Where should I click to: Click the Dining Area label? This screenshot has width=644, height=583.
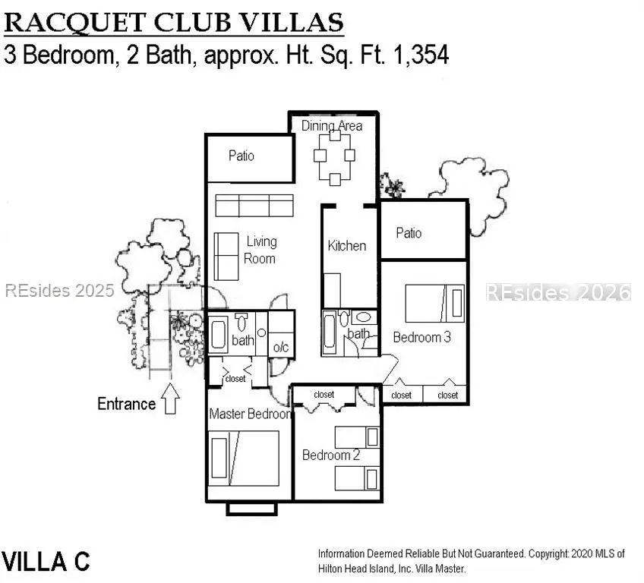tap(332, 125)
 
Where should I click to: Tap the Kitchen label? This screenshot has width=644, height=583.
tap(346, 246)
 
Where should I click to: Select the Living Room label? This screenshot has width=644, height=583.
tap(260, 250)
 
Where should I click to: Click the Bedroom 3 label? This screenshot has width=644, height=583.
tap(421, 338)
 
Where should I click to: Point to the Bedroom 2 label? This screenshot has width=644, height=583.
tap(331, 455)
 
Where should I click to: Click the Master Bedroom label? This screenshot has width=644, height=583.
tap(250, 414)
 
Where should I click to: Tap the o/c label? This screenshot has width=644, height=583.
tap(281, 348)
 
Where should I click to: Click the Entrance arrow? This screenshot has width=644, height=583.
tap(170, 399)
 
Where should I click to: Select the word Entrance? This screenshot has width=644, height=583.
tap(127, 404)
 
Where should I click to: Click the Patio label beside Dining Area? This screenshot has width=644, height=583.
tap(241, 156)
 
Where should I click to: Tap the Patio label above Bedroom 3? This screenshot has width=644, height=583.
tap(409, 233)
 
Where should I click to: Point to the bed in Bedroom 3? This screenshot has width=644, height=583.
tap(435, 304)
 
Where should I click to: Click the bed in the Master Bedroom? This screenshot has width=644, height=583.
tap(244, 459)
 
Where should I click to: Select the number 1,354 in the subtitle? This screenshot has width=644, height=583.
tap(421, 55)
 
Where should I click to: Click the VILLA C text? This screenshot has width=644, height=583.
tap(46, 562)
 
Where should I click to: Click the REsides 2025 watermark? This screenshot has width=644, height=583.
tap(59, 291)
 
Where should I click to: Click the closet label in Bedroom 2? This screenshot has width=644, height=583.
tap(324, 395)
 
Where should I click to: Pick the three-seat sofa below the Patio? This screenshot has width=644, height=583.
tap(254, 205)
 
